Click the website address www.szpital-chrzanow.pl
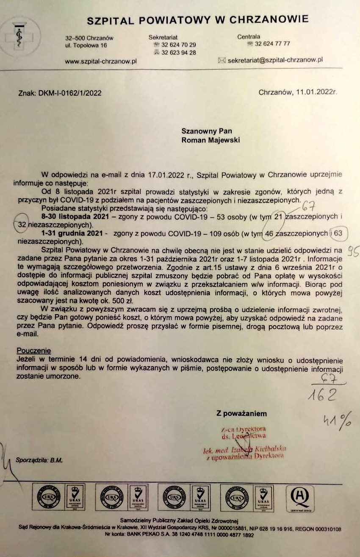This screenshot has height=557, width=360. pyautogui.click(x=101, y=61)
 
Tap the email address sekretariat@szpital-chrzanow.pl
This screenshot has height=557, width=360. pyautogui.click(x=275, y=60)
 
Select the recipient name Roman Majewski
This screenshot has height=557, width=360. pyautogui.click(x=210, y=140)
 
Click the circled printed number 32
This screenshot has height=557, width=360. pyautogui.click(x=22, y=225)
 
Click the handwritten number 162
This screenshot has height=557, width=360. pyautogui.click(x=322, y=395)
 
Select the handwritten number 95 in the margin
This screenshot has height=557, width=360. pyautogui.click(x=353, y=251)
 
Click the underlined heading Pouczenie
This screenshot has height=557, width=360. pyautogui.click(x=33, y=351)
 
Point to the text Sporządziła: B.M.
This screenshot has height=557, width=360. pyautogui.click(x=39, y=460)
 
